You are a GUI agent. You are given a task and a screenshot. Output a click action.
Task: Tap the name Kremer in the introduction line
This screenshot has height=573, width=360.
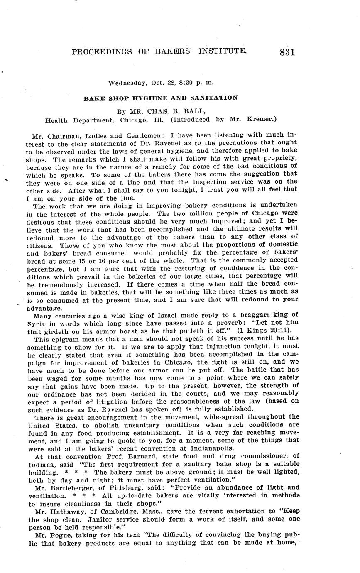tap(261, 120)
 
